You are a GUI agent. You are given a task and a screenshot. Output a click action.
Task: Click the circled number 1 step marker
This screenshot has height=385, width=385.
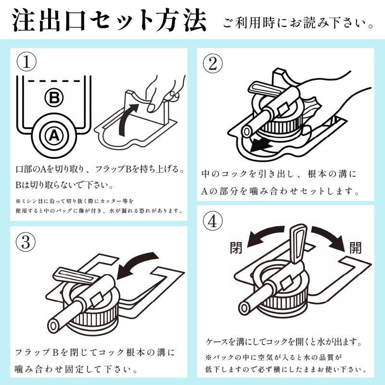[26, 62]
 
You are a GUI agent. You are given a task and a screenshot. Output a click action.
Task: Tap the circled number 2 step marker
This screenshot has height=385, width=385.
[213, 64]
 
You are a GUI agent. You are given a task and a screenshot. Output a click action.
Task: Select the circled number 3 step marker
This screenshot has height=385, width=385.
[26, 242]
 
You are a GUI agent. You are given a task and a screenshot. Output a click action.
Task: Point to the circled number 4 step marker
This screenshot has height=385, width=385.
[213, 221]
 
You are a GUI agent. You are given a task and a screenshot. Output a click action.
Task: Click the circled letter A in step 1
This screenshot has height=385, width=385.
[54, 135]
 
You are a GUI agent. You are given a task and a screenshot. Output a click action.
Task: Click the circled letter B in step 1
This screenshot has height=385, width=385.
[54, 98]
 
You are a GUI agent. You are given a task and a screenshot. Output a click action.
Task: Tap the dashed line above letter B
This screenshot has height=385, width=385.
[54, 81]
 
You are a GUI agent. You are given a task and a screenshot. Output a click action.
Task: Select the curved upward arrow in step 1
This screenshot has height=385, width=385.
[127, 119]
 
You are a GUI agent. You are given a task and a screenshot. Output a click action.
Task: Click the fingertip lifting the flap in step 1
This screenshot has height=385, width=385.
[152, 107]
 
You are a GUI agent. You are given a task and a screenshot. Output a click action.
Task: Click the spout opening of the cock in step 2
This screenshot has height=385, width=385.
[246, 131]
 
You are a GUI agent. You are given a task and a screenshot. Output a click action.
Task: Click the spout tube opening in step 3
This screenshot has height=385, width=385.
[53, 326]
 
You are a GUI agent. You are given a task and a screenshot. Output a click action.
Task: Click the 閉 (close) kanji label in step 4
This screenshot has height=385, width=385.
[236, 247]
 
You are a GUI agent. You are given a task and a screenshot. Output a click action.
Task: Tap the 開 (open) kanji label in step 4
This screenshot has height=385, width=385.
[356, 247]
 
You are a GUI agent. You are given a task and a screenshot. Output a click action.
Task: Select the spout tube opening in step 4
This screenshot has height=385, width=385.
[245, 308]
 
